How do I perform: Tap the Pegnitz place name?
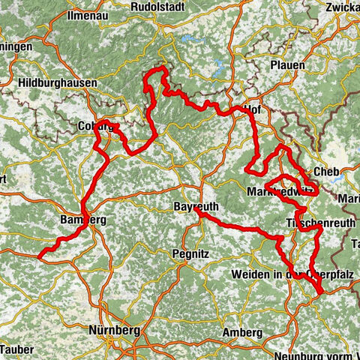[192, 254]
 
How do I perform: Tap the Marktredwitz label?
[279, 193]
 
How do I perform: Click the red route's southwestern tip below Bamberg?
[41, 253]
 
